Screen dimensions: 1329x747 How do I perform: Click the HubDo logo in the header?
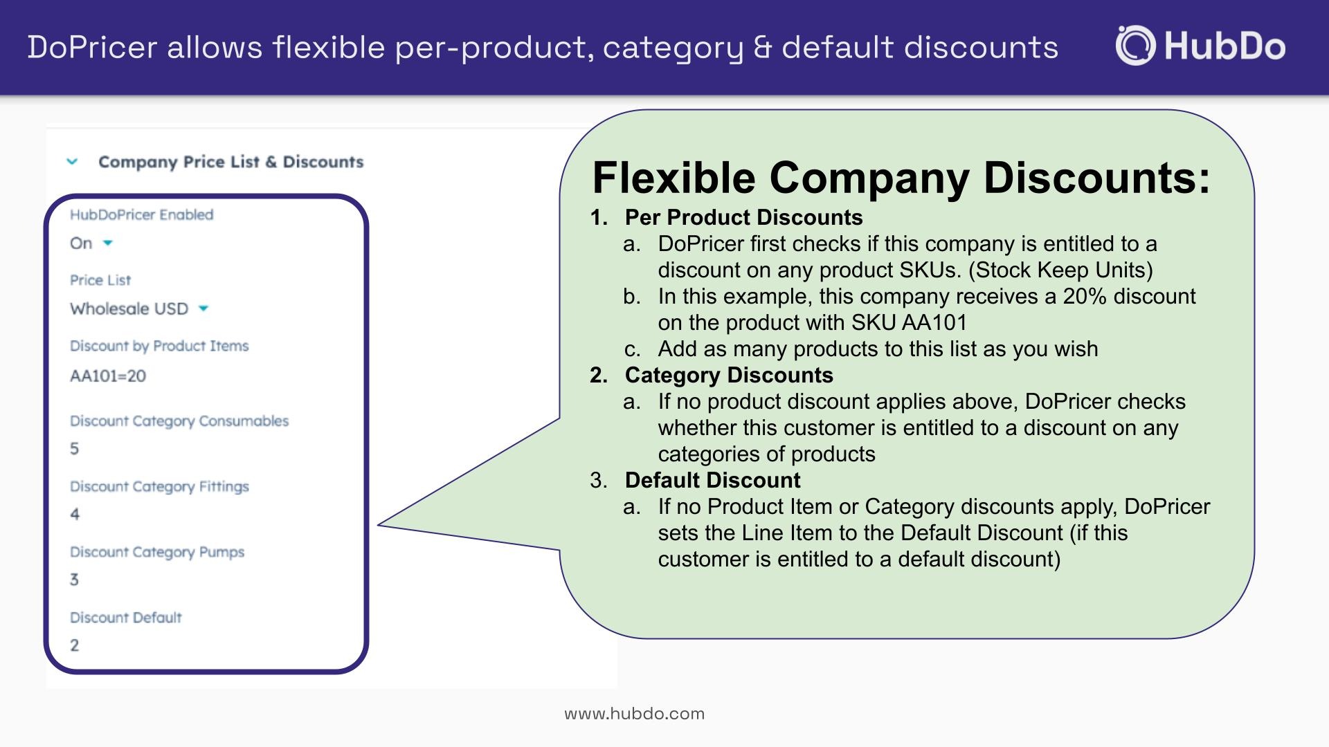point(1200,46)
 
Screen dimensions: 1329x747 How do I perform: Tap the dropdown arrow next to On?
point(108,243)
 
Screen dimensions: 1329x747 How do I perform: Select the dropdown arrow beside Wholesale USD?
point(204,308)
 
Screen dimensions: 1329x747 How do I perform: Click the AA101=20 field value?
point(108,376)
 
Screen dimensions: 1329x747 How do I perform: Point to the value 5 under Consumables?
point(75,449)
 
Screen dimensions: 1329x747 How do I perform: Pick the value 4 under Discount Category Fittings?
point(75,515)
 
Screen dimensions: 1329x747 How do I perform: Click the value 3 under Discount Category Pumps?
point(75,580)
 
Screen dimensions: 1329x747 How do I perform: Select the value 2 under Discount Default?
point(75,645)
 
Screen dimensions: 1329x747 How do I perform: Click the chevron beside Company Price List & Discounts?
point(72,162)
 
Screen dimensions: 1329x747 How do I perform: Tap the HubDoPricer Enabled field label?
point(141,214)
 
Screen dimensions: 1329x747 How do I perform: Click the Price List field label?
point(100,280)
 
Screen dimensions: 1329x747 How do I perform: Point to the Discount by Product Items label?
point(159,346)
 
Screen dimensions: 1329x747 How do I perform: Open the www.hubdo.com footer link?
point(635,714)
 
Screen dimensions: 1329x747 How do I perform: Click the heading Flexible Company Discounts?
point(901,177)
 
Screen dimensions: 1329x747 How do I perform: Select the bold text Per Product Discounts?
point(744,217)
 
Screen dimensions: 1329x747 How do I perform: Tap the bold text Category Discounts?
point(729,375)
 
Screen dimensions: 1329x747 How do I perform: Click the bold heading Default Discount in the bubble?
point(713,480)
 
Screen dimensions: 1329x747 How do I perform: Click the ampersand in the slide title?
point(762,48)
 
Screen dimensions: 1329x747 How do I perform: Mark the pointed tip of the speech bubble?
point(379,525)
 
